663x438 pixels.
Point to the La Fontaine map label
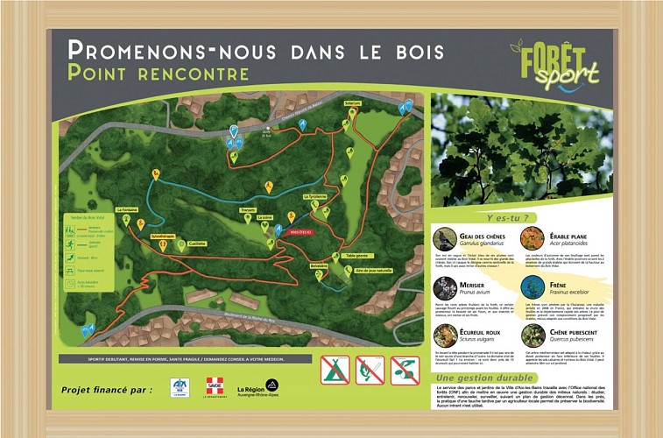[x=127, y=209]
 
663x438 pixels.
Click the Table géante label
[x=356, y=254]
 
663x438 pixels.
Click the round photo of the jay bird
[x=445, y=238]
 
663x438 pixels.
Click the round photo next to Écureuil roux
[x=445, y=336]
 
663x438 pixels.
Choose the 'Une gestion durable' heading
[x=473, y=378]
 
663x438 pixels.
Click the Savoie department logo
[x=215, y=386]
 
